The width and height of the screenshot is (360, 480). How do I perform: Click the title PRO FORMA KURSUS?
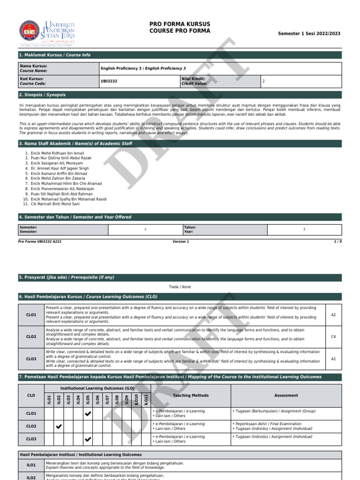coord(180,24)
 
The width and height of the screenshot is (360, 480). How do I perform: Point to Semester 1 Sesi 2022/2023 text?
coord(309,34)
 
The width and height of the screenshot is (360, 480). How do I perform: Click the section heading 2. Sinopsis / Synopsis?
coord(42,95)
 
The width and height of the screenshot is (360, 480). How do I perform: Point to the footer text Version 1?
coord(180,241)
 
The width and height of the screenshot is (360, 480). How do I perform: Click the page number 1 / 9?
coord(337,241)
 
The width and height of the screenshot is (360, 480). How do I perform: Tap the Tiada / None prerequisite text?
coord(180,287)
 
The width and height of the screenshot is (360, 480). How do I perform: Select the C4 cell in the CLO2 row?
coord(333,337)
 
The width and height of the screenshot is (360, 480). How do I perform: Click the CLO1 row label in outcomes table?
coord(31,315)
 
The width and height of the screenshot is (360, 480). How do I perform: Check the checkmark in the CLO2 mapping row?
coord(59,426)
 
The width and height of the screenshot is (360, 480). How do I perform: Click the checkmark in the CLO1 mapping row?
coord(88,414)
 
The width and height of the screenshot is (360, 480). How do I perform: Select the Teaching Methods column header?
coord(190,395)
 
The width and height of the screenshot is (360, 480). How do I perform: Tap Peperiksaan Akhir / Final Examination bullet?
coord(268,424)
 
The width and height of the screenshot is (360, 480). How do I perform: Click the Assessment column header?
coord(286,395)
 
